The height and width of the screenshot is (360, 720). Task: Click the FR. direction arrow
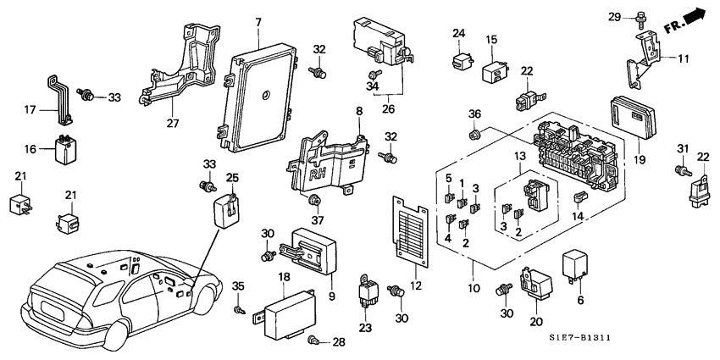688,20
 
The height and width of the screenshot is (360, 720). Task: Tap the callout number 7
258,20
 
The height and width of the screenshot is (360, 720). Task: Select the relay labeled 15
495,71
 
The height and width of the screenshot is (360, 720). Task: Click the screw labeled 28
316,341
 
